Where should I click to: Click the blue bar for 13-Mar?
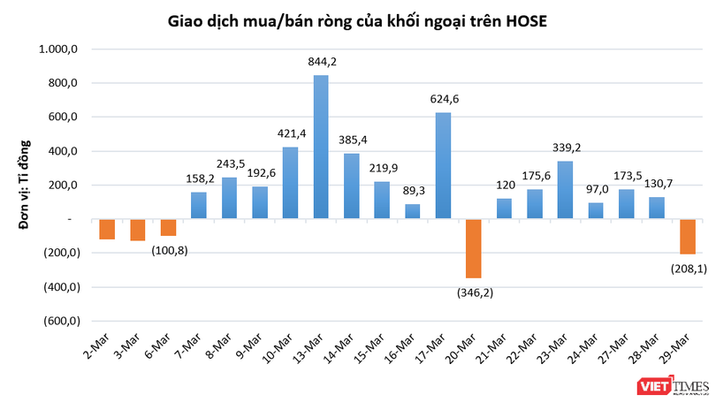coord(321,147)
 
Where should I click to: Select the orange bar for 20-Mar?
coord(474,248)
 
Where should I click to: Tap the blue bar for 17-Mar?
coord(444,165)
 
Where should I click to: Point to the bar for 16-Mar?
coord(413,211)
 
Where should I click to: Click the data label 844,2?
coord(322,62)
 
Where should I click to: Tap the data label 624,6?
coord(444,99)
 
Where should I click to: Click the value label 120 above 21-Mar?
coord(505,186)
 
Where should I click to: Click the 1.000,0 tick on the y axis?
coord(60,49)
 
